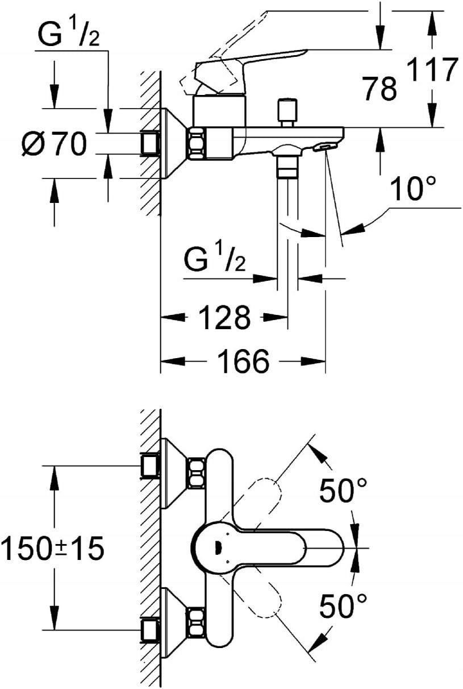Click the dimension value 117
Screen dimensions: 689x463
[433, 70]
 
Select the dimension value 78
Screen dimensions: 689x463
[379, 89]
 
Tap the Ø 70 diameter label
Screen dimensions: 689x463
[55, 144]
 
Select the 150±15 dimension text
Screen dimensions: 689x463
[53, 549]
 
